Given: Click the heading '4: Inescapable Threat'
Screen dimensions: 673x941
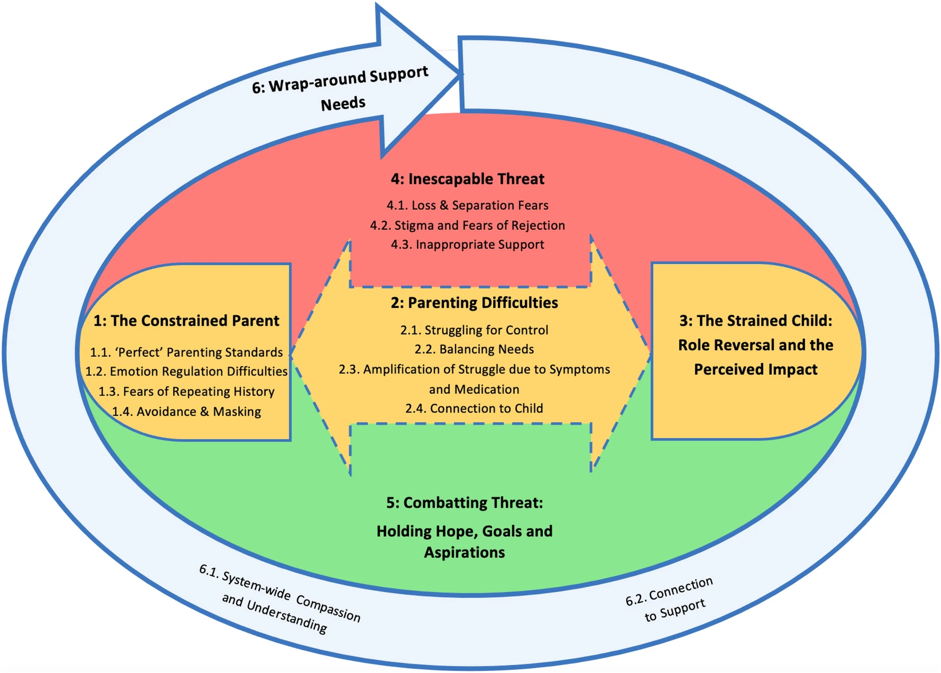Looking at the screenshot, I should pyautogui.click(x=467, y=179).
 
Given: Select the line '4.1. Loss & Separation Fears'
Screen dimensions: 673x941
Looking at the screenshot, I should pyautogui.click(x=467, y=205).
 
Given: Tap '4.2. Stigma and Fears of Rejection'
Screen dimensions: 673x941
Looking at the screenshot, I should pyautogui.click(x=467, y=225).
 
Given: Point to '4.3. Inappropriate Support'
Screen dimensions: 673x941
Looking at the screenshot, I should pyautogui.click(x=467, y=245).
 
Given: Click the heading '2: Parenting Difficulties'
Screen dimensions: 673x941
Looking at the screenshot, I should pyautogui.click(x=474, y=303).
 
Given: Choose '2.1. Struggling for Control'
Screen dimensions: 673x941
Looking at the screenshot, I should pyautogui.click(x=474, y=330).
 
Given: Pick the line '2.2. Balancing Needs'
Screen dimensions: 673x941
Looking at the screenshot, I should pyautogui.click(x=474, y=349).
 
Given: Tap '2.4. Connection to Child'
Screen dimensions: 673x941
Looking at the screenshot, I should pyautogui.click(x=474, y=408).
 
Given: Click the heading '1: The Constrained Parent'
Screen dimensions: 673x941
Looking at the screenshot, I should pyautogui.click(x=186, y=321).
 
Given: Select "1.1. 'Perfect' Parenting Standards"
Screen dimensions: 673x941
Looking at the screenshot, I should pyautogui.click(x=186, y=352).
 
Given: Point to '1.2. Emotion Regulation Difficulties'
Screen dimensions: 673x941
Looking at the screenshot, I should pyautogui.click(x=186, y=372).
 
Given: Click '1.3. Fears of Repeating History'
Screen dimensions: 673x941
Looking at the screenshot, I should pyautogui.click(x=186, y=392).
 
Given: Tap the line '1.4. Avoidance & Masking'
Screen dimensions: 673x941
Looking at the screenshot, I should pyautogui.click(x=186, y=412).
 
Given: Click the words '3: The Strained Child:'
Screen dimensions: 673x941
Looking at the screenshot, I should pyautogui.click(x=755, y=321).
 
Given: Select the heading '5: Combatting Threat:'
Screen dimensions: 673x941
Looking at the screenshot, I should pyautogui.click(x=464, y=503).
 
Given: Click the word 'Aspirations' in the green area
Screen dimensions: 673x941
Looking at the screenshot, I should pyautogui.click(x=464, y=553).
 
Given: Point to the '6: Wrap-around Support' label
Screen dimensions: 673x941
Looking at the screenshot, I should pyautogui.click(x=340, y=80).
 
